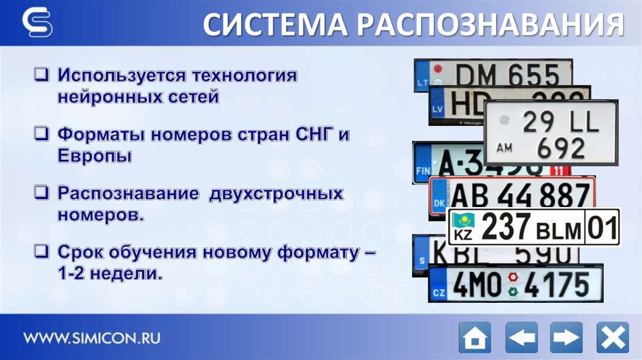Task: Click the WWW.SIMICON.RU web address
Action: (92, 338)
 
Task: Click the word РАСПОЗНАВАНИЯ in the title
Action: (491, 26)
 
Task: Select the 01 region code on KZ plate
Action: (602, 227)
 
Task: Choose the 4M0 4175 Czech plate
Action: (515, 285)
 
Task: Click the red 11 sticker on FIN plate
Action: (560, 170)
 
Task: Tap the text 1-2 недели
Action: (110, 273)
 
